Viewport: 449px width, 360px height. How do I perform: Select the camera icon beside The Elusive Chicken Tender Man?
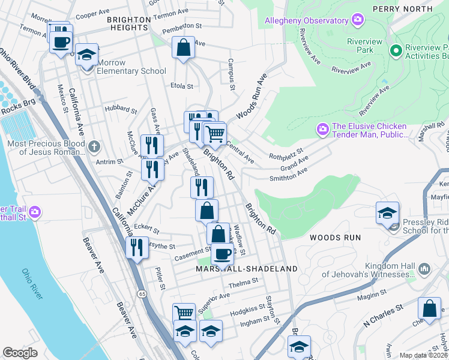point(322,129)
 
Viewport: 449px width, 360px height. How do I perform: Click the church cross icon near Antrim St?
point(93,146)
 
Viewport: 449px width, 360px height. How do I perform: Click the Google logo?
point(20,353)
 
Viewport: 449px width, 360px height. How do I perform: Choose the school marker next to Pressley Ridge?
point(387,213)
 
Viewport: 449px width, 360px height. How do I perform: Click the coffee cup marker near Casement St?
point(223,253)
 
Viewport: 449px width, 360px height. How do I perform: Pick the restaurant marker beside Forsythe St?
point(137,247)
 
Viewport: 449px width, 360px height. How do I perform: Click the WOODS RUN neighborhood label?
point(335,238)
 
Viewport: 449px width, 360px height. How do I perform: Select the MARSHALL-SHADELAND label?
point(247,269)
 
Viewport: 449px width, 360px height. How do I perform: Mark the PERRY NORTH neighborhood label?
point(402,8)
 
